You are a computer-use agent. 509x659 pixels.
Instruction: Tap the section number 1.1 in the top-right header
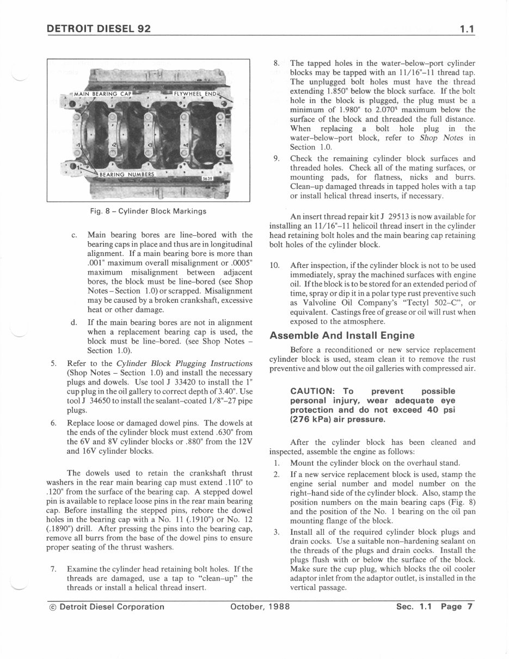[x=467, y=28]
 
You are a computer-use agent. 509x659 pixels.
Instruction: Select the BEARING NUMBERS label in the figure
[x=127, y=174]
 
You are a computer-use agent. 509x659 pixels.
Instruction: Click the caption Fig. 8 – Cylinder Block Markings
[x=148, y=211]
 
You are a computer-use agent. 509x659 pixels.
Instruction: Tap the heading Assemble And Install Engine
[x=342, y=335]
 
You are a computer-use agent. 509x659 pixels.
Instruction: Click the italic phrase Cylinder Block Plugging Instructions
[x=185, y=363]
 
